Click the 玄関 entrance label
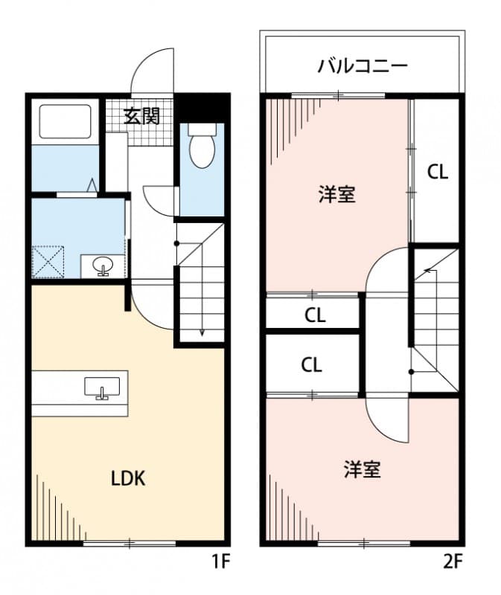click(142, 116)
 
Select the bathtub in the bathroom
click(65, 121)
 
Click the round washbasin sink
click(103, 265)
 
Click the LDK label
click(128, 478)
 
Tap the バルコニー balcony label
click(363, 66)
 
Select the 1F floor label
click(220, 562)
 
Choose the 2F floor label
click(453, 562)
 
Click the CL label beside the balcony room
click(438, 172)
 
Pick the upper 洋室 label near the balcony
click(337, 194)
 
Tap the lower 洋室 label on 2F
click(362, 469)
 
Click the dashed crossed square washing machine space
click(48, 263)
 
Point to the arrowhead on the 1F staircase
click(202, 332)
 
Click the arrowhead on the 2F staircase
click(428, 271)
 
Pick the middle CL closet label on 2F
click(315, 315)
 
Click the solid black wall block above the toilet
click(202, 108)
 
